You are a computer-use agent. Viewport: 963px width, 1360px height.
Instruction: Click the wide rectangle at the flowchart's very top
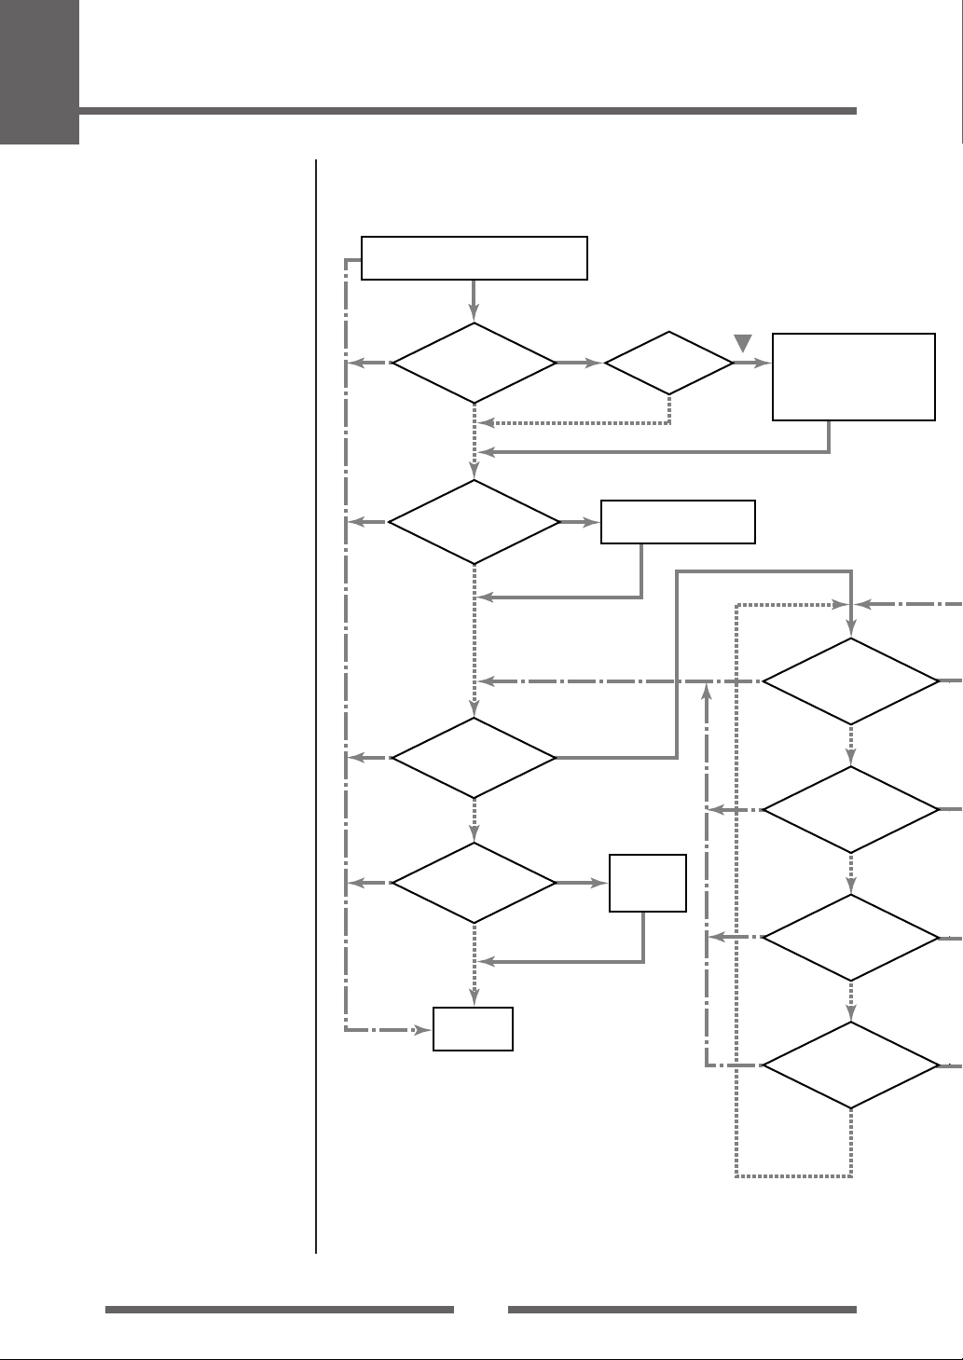click(475, 258)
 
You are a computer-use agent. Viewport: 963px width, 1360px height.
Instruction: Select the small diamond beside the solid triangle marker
click(669, 363)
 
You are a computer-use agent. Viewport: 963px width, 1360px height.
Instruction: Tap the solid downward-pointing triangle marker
click(743, 342)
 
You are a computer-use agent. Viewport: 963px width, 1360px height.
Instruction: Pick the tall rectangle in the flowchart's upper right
click(854, 377)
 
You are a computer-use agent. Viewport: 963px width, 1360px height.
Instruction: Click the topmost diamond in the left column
click(475, 363)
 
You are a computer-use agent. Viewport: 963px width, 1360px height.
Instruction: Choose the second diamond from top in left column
click(475, 522)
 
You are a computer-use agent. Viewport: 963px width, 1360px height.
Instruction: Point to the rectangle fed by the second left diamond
click(678, 522)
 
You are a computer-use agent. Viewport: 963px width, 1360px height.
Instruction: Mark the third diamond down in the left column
click(475, 758)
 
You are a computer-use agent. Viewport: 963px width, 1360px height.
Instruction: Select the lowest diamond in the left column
click(475, 883)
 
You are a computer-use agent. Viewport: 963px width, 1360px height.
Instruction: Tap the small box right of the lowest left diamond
click(648, 883)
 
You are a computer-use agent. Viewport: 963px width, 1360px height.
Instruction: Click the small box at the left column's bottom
click(474, 1029)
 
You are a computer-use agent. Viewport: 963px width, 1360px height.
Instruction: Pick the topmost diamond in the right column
click(851, 681)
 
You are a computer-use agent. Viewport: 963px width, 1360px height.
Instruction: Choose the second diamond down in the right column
click(851, 810)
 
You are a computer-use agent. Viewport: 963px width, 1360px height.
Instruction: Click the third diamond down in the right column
click(851, 938)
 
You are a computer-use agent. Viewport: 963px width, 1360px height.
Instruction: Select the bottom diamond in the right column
click(851, 1065)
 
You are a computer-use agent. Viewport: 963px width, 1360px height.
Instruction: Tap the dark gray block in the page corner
click(39, 72)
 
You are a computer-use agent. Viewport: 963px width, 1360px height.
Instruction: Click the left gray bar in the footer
click(280, 1310)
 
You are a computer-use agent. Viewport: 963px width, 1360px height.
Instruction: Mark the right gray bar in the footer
click(681, 1310)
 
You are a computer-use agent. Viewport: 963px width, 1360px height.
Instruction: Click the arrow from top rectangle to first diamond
click(475, 300)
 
